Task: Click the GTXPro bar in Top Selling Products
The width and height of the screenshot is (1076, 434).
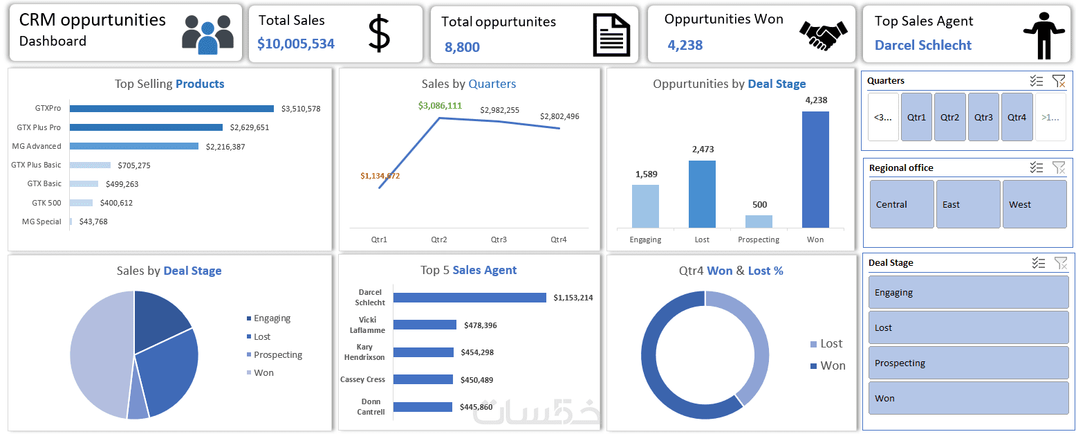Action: [171, 109]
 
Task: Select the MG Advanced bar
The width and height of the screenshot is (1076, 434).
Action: [133, 146]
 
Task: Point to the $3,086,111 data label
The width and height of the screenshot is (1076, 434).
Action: [440, 106]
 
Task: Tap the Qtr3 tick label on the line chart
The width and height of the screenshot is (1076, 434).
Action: [499, 239]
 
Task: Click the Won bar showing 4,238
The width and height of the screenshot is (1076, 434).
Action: [815, 170]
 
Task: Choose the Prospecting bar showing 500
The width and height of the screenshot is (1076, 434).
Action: [759, 221]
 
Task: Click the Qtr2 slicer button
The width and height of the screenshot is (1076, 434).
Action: [950, 117]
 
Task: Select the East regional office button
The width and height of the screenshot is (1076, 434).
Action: [967, 204]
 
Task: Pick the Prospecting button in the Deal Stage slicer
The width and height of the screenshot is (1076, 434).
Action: [967, 363]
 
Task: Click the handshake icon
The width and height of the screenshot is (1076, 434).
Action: [823, 33]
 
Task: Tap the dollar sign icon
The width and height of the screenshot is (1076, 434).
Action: [379, 33]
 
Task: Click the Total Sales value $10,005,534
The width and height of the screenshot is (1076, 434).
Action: [296, 44]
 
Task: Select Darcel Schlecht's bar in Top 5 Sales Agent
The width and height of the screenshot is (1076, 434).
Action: [470, 298]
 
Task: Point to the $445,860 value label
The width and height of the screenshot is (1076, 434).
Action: [476, 407]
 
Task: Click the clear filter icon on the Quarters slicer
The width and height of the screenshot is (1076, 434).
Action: [1059, 81]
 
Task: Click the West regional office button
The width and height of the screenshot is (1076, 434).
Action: [1034, 204]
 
